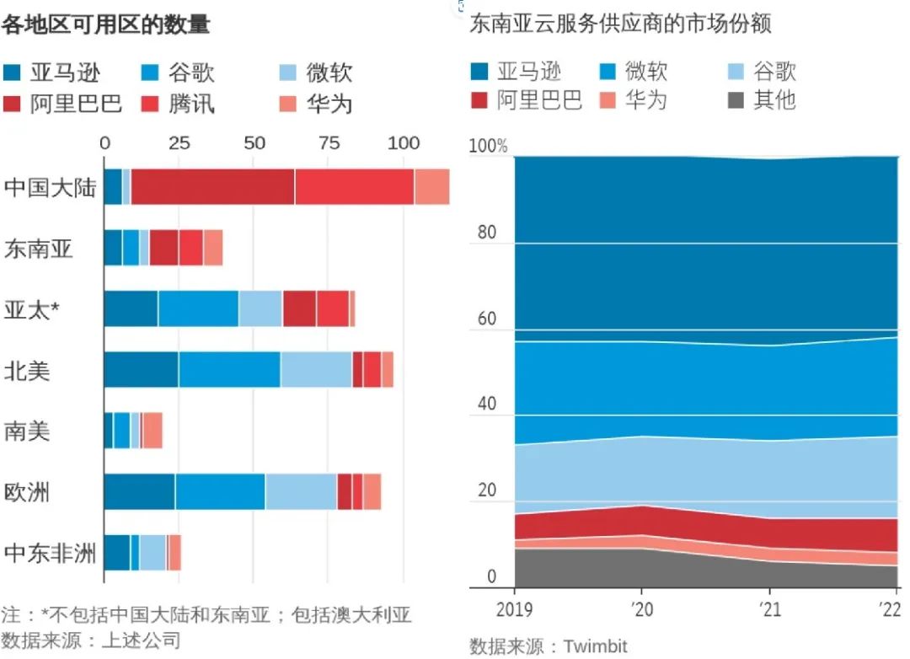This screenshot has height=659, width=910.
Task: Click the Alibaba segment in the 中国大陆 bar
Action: click(x=212, y=186)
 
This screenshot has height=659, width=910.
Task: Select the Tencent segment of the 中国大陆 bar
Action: click(x=354, y=186)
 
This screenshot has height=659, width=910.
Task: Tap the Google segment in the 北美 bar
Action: click(x=229, y=369)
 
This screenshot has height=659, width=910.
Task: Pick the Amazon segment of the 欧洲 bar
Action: click(x=139, y=491)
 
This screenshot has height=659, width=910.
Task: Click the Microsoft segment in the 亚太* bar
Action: click(x=260, y=308)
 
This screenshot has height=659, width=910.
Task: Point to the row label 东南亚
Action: click(x=38, y=249)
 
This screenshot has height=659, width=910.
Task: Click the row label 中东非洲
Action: click(x=50, y=553)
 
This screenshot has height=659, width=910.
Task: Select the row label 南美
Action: click(x=27, y=431)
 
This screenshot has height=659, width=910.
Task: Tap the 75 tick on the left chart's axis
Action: click(x=329, y=143)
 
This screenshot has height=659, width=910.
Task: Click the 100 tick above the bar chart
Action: click(x=403, y=143)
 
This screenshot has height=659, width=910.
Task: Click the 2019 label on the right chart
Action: click(x=514, y=609)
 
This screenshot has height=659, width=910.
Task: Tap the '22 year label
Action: click(x=887, y=609)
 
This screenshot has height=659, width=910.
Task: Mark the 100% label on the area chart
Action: click(x=489, y=147)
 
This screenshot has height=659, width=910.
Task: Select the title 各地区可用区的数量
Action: click(x=105, y=25)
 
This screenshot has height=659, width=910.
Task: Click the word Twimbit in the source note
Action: click(x=595, y=646)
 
